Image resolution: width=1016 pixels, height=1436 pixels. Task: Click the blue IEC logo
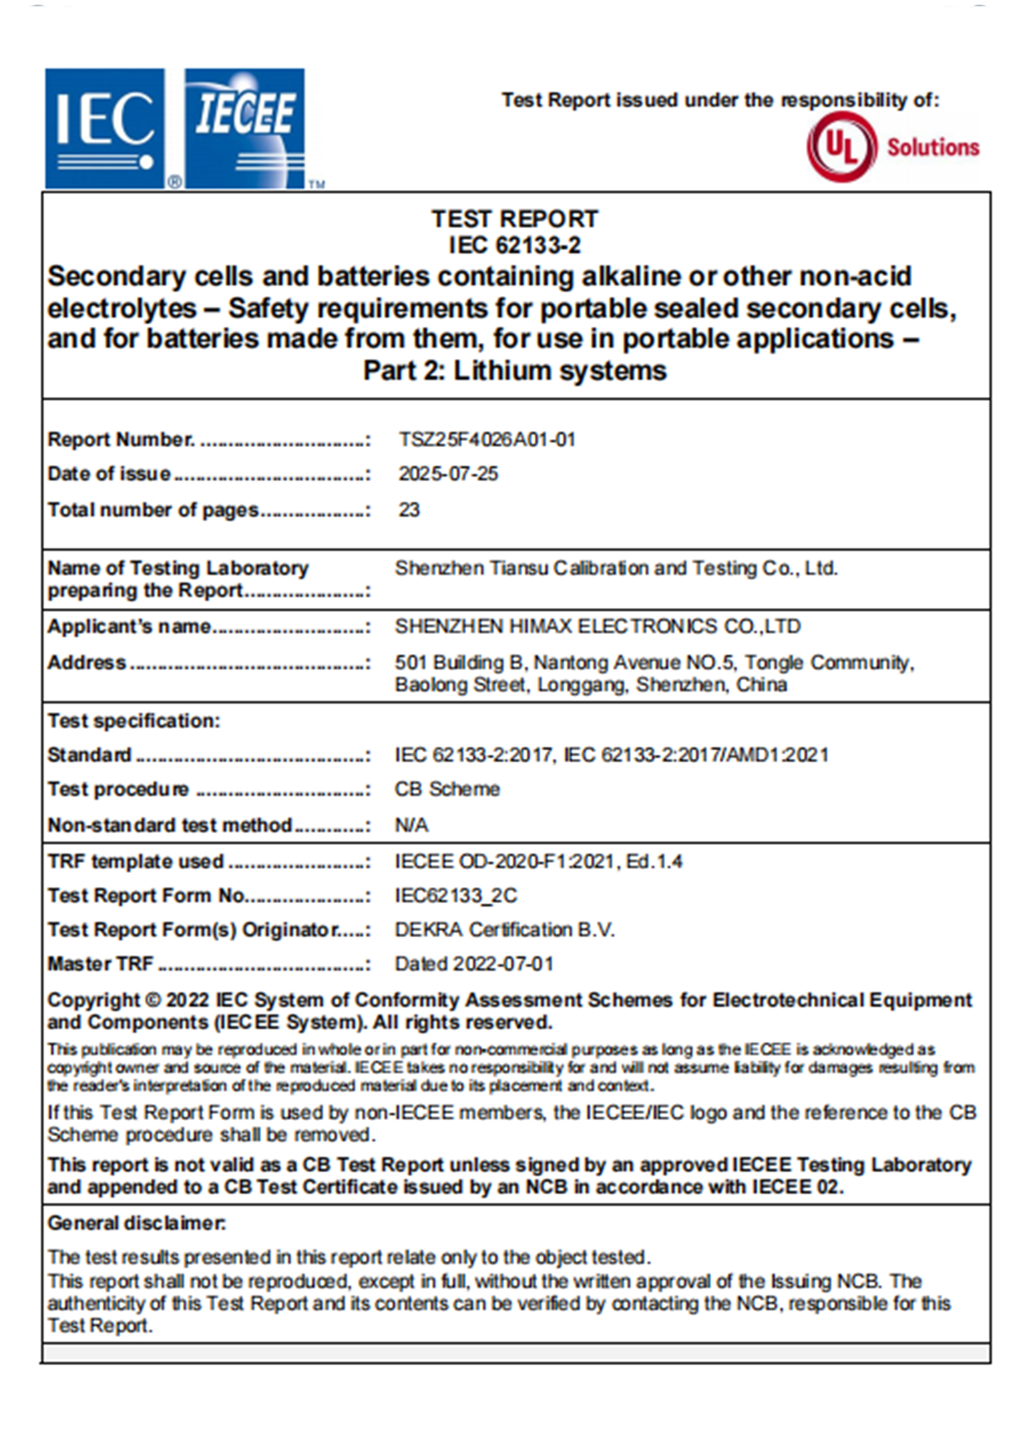click(x=104, y=128)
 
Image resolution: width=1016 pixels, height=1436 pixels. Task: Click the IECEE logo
click(x=245, y=128)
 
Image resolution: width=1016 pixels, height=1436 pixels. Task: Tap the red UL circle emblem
click(x=841, y=146)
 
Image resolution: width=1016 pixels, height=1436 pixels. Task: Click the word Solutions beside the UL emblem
click(x=932, y=148)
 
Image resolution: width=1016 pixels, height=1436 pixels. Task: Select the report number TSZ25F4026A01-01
click(x=487, y=440)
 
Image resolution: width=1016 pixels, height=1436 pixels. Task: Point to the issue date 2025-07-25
click(x=448, y=474)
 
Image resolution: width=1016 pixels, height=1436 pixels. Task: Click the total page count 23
click(x=409, y=510)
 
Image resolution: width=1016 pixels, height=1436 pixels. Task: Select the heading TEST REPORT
click(x=514, y=219)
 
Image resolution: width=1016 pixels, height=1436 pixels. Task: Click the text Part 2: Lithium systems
click(x=514, y=371)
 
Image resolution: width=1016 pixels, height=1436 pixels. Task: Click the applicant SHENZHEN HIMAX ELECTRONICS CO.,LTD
click(x=597, y=626)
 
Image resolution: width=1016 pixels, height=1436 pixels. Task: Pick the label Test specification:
click(x=134, y=721)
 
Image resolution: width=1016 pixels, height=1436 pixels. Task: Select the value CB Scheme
click(x=447, y=789)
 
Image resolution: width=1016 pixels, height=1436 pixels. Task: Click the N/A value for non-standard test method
click(x=411, y=826)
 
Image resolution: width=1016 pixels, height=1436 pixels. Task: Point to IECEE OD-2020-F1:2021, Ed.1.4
click(x=538, y=862)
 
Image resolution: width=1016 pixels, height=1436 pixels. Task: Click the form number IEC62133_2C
click(x=455, y=896)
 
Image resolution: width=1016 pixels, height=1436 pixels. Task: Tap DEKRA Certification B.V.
click(x=504, y=930)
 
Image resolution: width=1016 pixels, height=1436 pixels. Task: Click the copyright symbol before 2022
click(x=153, y=1001)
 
